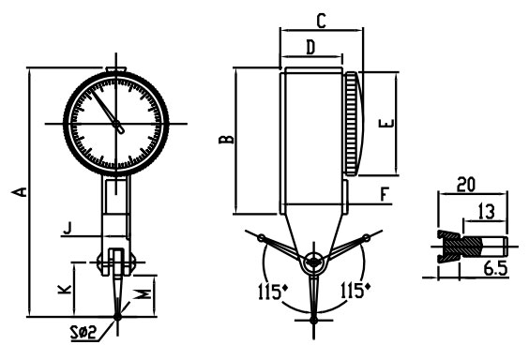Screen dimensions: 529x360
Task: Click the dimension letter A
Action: (x=20, y=191)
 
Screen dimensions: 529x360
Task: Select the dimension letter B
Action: (x=226, y=139)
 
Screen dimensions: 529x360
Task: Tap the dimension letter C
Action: (x=321, y=21)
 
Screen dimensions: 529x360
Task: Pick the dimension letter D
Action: (x=310, y=47)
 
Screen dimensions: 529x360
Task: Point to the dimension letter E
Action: (x=386, y=123)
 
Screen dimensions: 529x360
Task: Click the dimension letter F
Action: (x=385, y=194)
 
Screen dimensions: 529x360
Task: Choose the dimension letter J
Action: (x=68, y=228)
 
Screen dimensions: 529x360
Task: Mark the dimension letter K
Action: (x=65, y=289)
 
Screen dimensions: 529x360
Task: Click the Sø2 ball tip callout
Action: (x=83, y=333)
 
